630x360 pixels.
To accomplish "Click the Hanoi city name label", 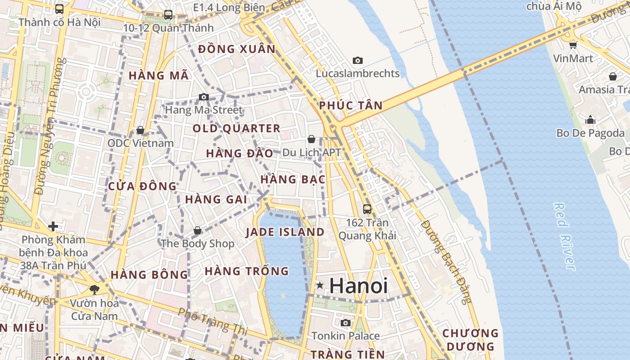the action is pos(358,286).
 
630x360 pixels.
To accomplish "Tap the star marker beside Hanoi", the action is pos(320,285).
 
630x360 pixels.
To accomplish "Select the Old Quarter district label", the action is pos(237,128).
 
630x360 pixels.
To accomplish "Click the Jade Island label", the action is pos(285,232).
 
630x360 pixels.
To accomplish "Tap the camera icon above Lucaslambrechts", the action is pos(358,60).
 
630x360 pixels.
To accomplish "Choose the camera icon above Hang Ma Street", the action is pos(204,97).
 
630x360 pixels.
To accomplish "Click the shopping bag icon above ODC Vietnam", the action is pos(140,130).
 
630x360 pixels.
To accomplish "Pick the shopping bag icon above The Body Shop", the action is pos(197,230).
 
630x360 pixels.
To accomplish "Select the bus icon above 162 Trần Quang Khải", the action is pos(367,209).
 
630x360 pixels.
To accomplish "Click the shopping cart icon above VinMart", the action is pos(573,45).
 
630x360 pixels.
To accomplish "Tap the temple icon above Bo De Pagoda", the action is pos(590,120).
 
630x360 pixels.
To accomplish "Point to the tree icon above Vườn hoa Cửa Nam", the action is pos(94,289).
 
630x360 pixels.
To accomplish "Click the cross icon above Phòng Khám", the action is pos(53,226).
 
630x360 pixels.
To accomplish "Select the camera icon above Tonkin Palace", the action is pos(346,323).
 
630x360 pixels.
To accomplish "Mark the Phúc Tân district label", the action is pos(351,106).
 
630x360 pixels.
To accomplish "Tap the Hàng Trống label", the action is pos(247,271).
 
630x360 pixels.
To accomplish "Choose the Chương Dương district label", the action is pos(471,340).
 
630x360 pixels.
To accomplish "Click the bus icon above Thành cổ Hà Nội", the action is pos(59,9).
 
